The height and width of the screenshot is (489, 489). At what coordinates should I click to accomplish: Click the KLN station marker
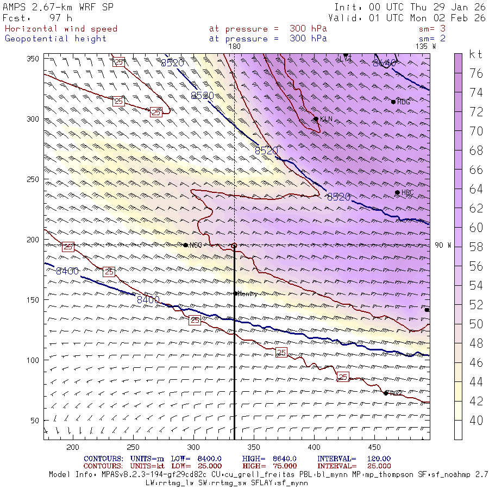[x=316, y=119]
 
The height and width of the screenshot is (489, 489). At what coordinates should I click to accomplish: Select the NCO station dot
[x=186, y=245]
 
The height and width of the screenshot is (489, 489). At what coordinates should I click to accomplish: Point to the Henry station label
[x=247, y=293]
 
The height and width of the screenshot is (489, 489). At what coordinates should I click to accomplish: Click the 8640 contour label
[x=384, y=64]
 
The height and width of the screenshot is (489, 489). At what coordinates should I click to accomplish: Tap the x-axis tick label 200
[x=72, y=447]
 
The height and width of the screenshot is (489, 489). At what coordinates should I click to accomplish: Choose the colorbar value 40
[x=476, y=421]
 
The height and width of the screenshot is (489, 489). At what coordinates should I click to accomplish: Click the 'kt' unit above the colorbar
[x=476, y=54]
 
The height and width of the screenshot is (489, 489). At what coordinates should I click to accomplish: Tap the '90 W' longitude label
[x=443, y=245]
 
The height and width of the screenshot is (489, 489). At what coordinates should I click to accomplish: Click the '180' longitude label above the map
[x=234, y=47]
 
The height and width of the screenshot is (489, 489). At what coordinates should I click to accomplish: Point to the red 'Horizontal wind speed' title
[x=61, y=29]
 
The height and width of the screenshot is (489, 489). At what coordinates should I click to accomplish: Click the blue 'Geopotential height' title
[x=55, y=39]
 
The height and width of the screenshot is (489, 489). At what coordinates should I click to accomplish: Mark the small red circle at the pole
[x=234, y=246]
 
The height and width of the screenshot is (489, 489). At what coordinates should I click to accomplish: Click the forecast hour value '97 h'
[x=60, y=18]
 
